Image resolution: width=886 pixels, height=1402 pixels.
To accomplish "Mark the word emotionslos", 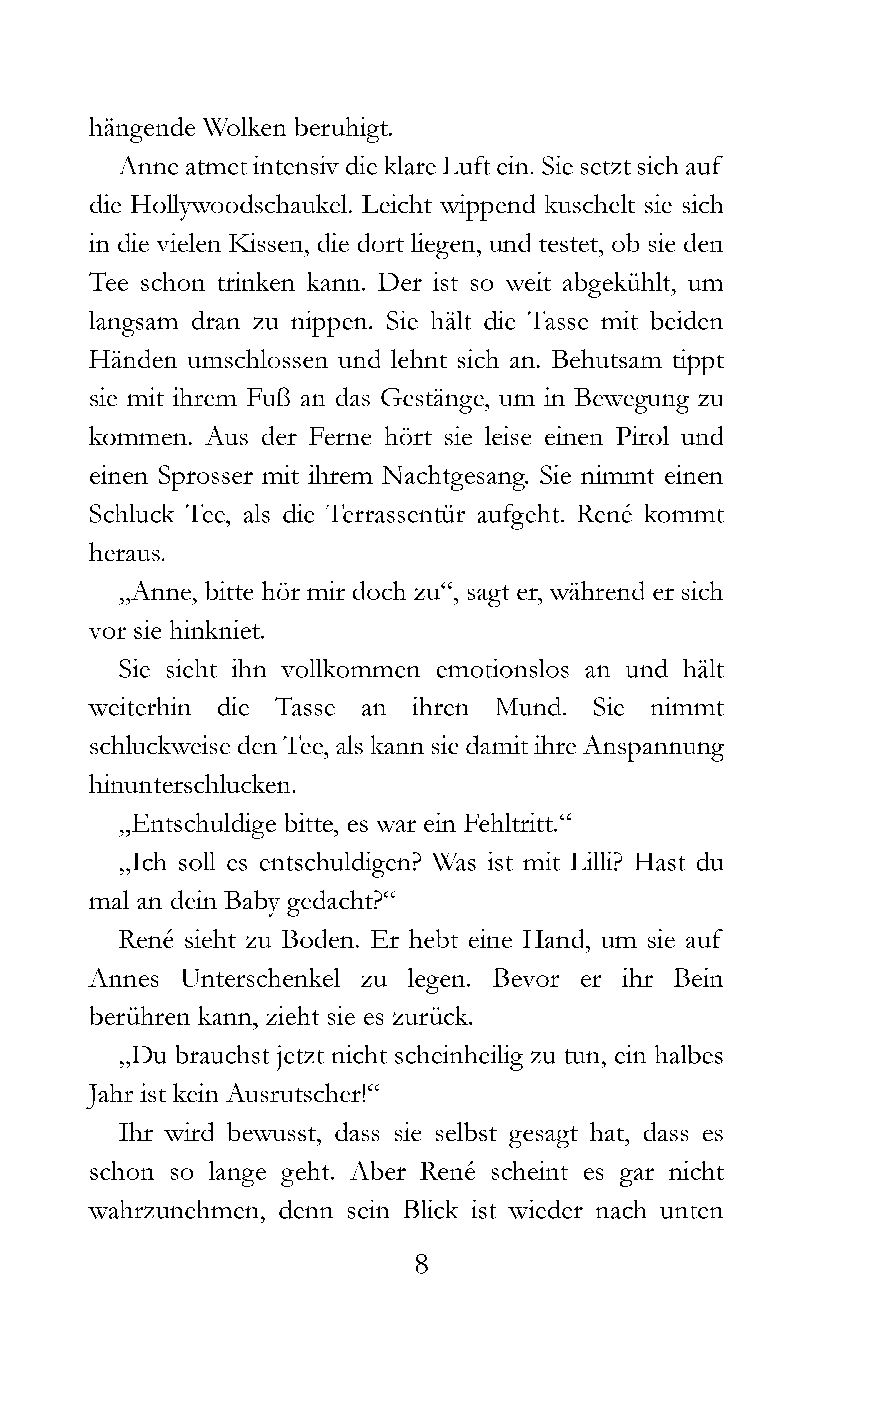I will pos(502,669).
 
